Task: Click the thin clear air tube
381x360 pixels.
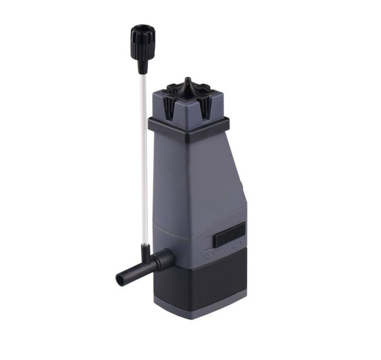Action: [143, 157]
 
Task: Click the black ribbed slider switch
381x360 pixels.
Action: [229, 234]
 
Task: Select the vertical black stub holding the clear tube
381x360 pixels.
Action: [144, 250]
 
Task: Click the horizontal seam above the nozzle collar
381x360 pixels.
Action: [176, 236]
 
